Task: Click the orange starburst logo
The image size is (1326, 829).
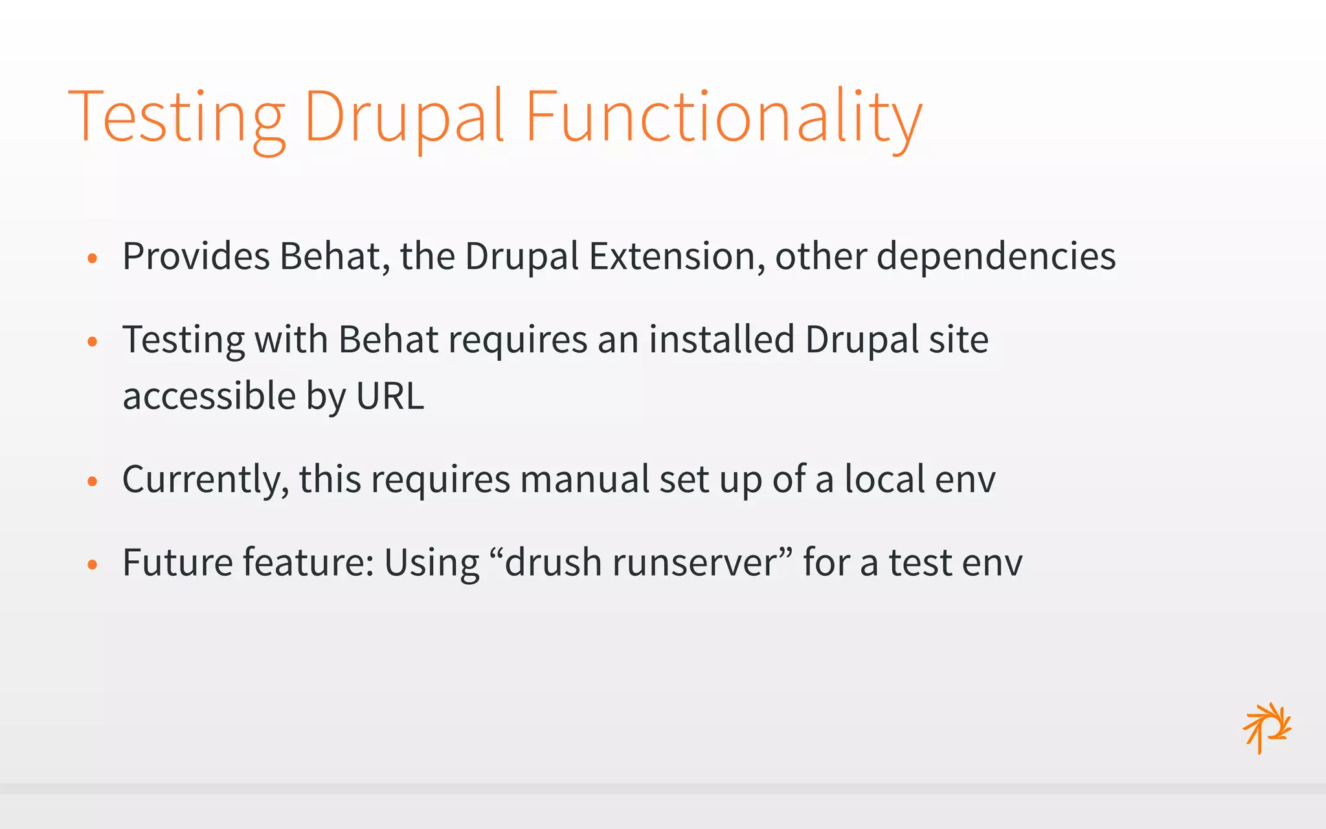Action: [1266, 728]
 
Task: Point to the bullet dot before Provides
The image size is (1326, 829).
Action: [93, 258]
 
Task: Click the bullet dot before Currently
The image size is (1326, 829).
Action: [93, 481]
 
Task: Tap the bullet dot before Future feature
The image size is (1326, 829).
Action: [93, 564]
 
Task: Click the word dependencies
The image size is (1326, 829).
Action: [996, 256]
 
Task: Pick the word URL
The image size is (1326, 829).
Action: [390, 396]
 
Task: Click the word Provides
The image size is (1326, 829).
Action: [196, 256]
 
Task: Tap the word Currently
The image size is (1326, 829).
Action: [205, 480]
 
